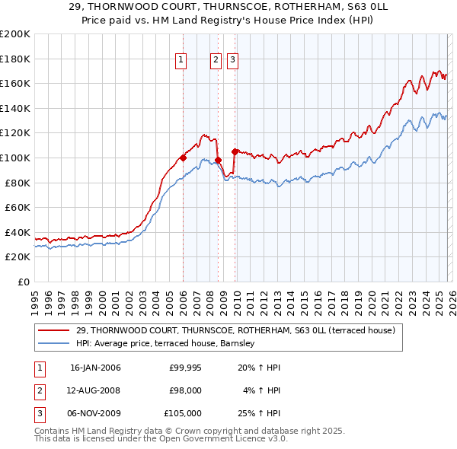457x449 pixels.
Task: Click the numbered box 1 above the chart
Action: pyautogui.click(x=181, y=62)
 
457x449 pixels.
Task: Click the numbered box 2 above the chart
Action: pyautogui.click(x=216, y=62)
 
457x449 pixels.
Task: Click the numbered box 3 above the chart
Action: pyautogui.click(x=232, y=62)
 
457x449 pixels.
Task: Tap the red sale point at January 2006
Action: pyautogui.click(x=184, y=158)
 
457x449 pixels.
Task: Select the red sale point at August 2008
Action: pyautogui.click(x=218, y=160)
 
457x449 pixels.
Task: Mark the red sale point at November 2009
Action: pyautogui.click(x=235, y=151)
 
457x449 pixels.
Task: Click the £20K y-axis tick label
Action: pyautogui.click(x=18, y=257)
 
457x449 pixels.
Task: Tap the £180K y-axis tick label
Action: pyautogui.click(x=15, y=59)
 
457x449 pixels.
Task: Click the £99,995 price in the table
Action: pyautogui.click(x=185, y=368)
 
